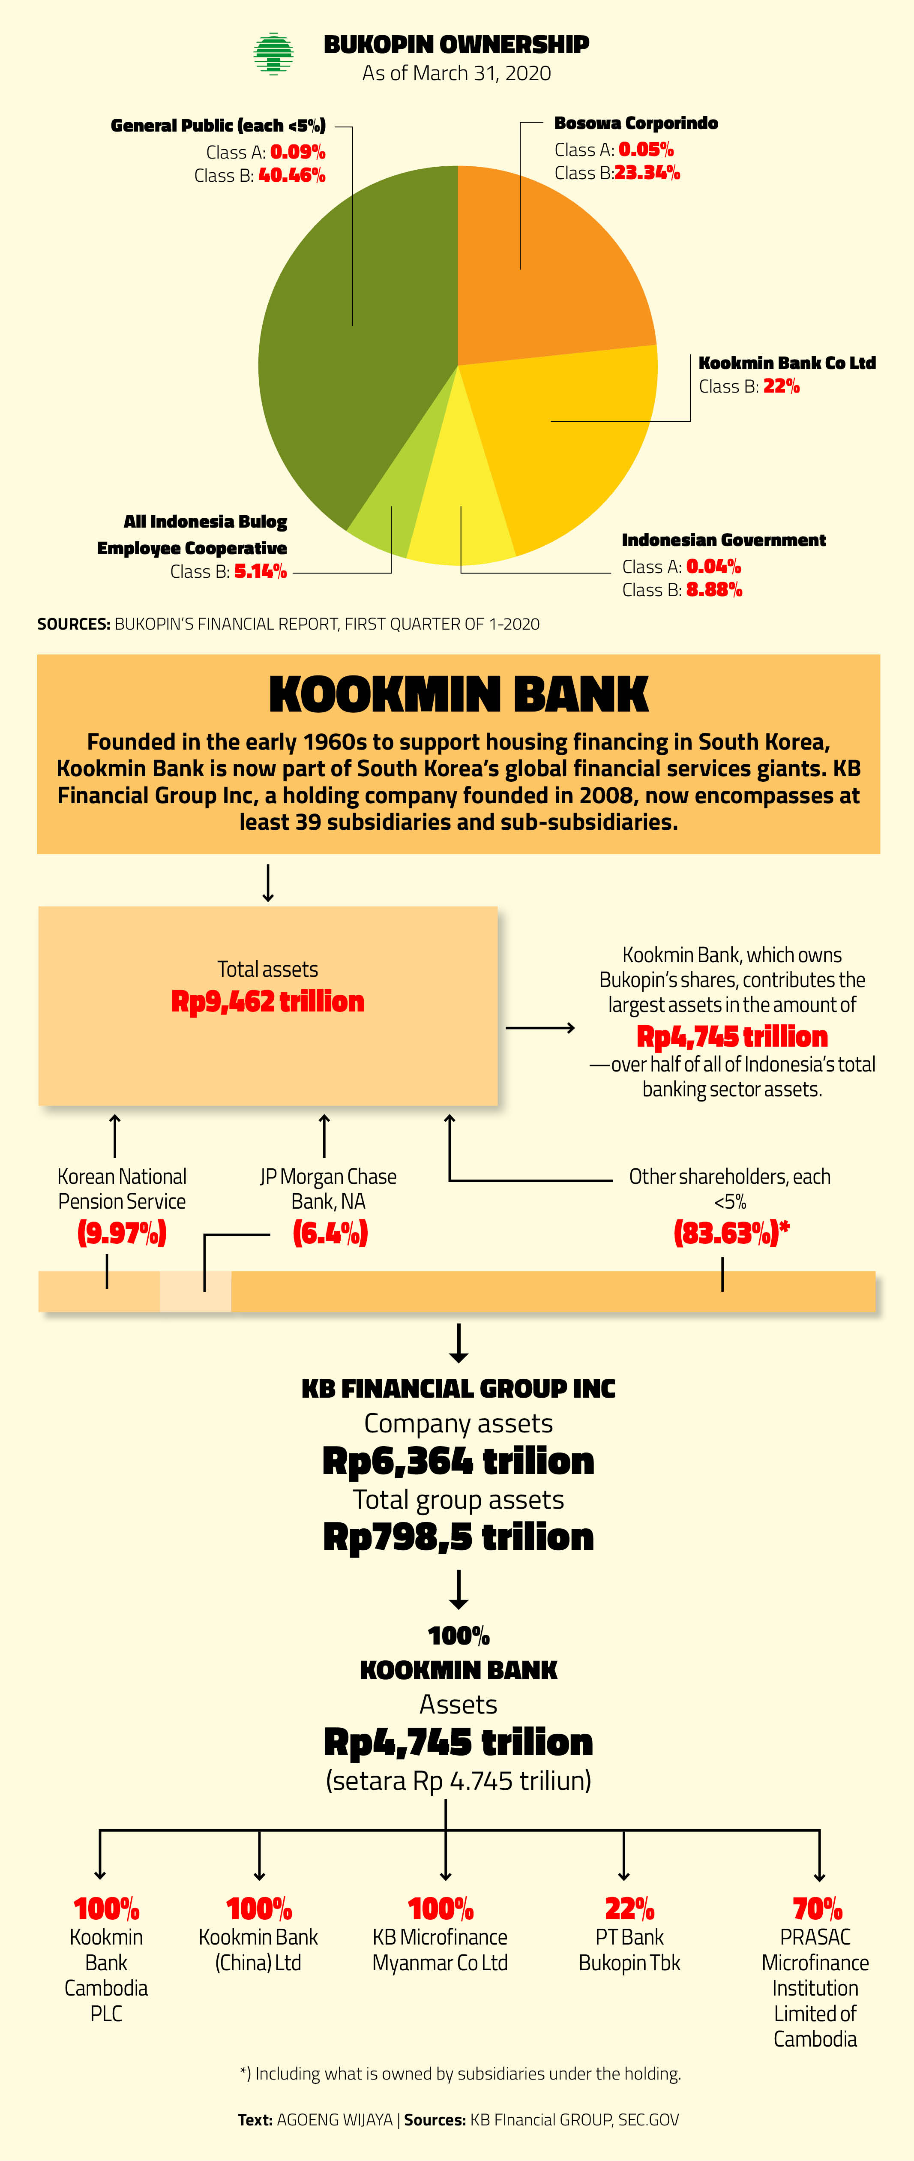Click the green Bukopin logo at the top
tap(273, 54)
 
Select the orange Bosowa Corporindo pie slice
tap(545, 268)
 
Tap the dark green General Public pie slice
tap(352, 336)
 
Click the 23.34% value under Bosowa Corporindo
tap(647, 173)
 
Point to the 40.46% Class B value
tap(292, 175)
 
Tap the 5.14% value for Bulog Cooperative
tap(261, 571)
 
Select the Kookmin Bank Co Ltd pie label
tap(787, 363)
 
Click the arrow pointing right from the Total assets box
tap(540, 1028)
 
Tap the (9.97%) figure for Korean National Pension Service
tap(122, 1233)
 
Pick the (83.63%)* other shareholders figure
tap(731, 1233)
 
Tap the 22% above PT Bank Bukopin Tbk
tap(630, 1909)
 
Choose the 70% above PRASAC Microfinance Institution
tap(818, 1909)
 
